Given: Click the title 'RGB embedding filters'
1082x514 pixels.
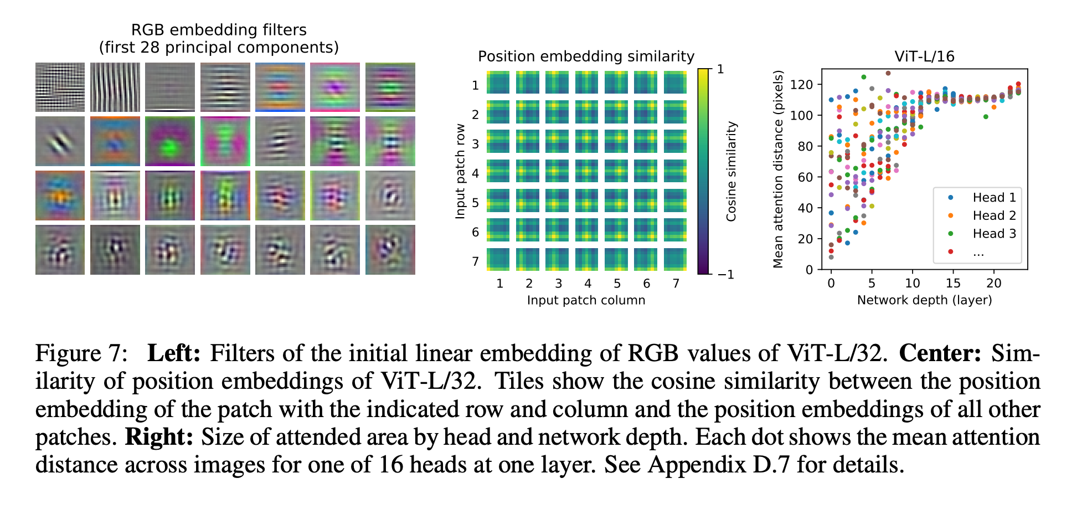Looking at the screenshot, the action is click(219, 30).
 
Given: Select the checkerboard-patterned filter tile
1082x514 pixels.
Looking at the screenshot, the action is click(60, 87).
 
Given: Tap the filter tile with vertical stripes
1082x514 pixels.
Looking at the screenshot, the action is click(115, 87).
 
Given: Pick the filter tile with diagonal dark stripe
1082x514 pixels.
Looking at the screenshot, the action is click(60, 141).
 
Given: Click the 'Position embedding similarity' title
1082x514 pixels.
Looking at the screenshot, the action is click(586, 56).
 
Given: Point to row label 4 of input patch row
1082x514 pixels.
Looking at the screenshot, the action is click(475, 173).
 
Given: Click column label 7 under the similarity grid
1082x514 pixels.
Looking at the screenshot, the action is click(676, 284).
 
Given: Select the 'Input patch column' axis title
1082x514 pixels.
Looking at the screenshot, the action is click(586, 300).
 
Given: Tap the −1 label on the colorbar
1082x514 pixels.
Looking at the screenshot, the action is click(725, 275).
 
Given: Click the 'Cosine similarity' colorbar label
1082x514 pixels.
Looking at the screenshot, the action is click(731, 171).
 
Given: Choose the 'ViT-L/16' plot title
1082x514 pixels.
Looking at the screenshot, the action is click(924, 56).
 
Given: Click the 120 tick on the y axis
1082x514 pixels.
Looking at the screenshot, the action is click(802, 85).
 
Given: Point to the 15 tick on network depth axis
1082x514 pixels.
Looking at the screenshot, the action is click(952, 284).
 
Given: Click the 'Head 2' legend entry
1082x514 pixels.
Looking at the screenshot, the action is click(994, 215).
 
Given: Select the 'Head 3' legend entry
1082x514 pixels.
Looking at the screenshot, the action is click(994, 234).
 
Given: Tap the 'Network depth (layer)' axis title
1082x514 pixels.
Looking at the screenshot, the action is click(924, 300).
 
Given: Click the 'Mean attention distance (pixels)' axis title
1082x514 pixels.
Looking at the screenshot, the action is click(778, 169).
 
